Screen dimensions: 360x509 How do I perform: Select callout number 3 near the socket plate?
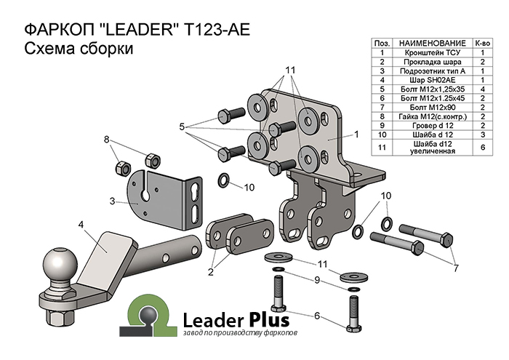[111, 201]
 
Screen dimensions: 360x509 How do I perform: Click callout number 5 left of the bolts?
[183, 127]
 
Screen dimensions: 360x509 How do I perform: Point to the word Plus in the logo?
[269, 319]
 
